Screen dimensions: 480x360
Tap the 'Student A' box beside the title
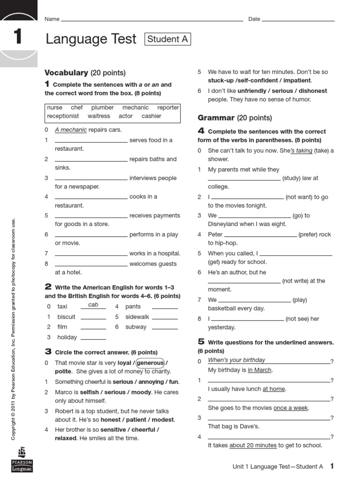pos(168,39)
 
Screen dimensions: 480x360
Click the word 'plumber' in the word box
pos(102,107)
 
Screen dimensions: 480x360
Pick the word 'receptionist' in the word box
pos(63,116)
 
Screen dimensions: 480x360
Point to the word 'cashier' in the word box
pos(151,116)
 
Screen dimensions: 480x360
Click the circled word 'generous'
pos(150,363)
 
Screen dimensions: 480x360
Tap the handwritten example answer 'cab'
pos(93,305)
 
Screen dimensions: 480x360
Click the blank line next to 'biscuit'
pos(93,319)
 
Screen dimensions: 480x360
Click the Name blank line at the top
pos(152,21)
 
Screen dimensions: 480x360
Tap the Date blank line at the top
pos(298,21)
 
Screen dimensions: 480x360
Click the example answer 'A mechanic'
pos(71,130)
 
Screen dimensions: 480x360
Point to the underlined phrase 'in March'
pos(260,370)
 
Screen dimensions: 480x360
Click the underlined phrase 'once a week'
pos(291,408)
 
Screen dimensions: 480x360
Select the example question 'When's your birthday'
pos(237,360)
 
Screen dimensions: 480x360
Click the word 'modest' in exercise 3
pos(164,420)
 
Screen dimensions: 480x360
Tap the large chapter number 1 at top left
pos(18,37)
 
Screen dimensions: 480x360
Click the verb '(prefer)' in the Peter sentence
pos(308,234)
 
